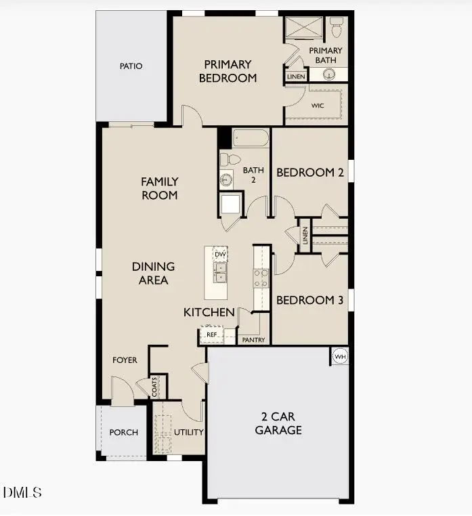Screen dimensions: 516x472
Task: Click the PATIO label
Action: click(131, 66)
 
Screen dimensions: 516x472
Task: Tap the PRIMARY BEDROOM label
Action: click(228, 71)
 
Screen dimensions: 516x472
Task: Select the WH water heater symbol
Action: click(339, 356)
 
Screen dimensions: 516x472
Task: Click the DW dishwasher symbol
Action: click(219, 254)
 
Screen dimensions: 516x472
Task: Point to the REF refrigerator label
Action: click(211, 335)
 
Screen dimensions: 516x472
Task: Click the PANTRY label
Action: click(254, 340)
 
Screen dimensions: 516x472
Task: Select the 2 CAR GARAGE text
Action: click(278, 423)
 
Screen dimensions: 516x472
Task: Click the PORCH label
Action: click(123, 432)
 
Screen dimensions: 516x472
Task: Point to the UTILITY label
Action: click(189, 432)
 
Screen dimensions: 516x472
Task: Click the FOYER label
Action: click(125, 360)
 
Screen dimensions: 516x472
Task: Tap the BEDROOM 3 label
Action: click(309, 300)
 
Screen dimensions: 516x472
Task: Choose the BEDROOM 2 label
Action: click(309, 173)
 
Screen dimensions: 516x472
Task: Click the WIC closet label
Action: click(318, 106)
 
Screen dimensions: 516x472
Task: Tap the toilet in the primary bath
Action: click(337, 27)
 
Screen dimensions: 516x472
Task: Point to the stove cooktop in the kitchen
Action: click(261, 278)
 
